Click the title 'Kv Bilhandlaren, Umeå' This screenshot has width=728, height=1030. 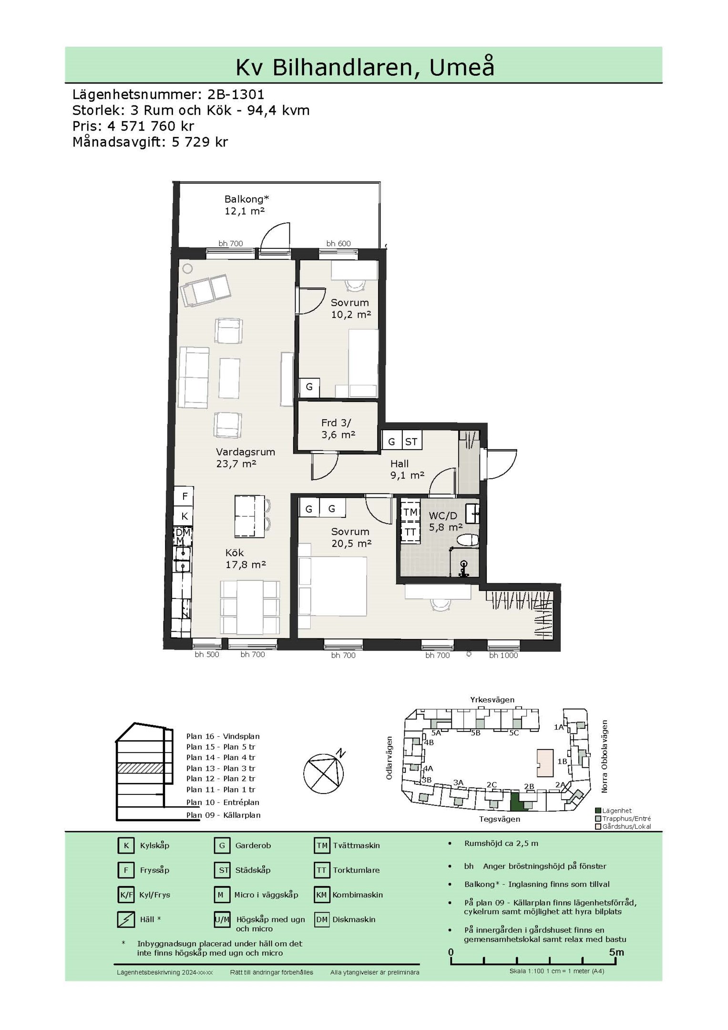click(x=365, y=67)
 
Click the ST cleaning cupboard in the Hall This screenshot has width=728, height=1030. click(x=411, y=442)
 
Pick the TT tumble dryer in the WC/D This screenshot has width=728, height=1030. click(x=410, y=532)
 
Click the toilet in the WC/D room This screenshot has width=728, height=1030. click(x=468, y=540)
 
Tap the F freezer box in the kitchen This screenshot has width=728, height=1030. click(x=184, y=496)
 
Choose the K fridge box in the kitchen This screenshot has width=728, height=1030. click(x=184, y=516)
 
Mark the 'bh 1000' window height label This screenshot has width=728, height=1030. click(x=503, y=655)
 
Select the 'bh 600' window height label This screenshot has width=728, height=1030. click(x=338, y=244)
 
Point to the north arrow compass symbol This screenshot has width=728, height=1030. click(x=324, y=773)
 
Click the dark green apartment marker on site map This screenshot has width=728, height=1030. click(x=517, y=802)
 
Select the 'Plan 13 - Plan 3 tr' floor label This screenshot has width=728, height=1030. click(x=221, y=768)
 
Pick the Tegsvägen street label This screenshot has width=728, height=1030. click(x=500, y=819)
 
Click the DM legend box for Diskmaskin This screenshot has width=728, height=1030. click(x=322, y=919)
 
